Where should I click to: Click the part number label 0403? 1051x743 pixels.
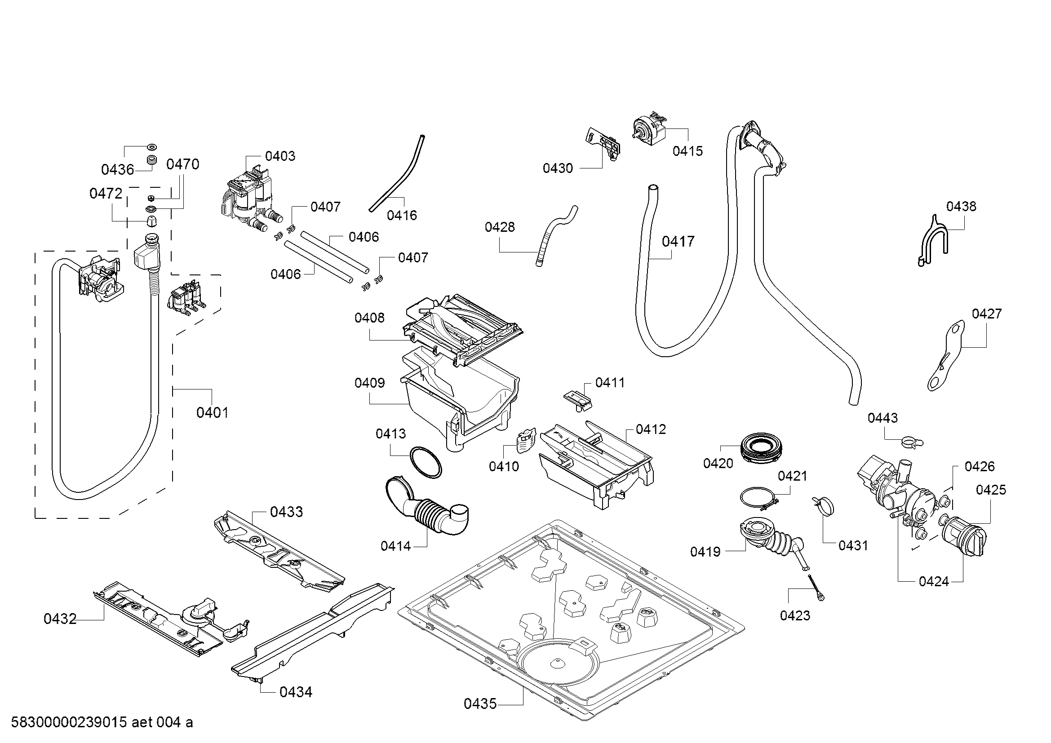click(279, 156)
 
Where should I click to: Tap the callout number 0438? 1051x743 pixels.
click(961, 206)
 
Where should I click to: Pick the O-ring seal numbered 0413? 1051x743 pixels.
click(425, 463)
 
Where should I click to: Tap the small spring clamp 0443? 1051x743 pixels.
click(911, 442)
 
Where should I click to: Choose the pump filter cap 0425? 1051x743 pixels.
click(963, 535)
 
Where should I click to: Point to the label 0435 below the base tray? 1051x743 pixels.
click(480, 703)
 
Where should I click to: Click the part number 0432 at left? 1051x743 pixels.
click(60, 619)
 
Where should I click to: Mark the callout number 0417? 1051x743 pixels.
click(678, 241)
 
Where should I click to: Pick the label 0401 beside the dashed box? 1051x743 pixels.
click(212, 413)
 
